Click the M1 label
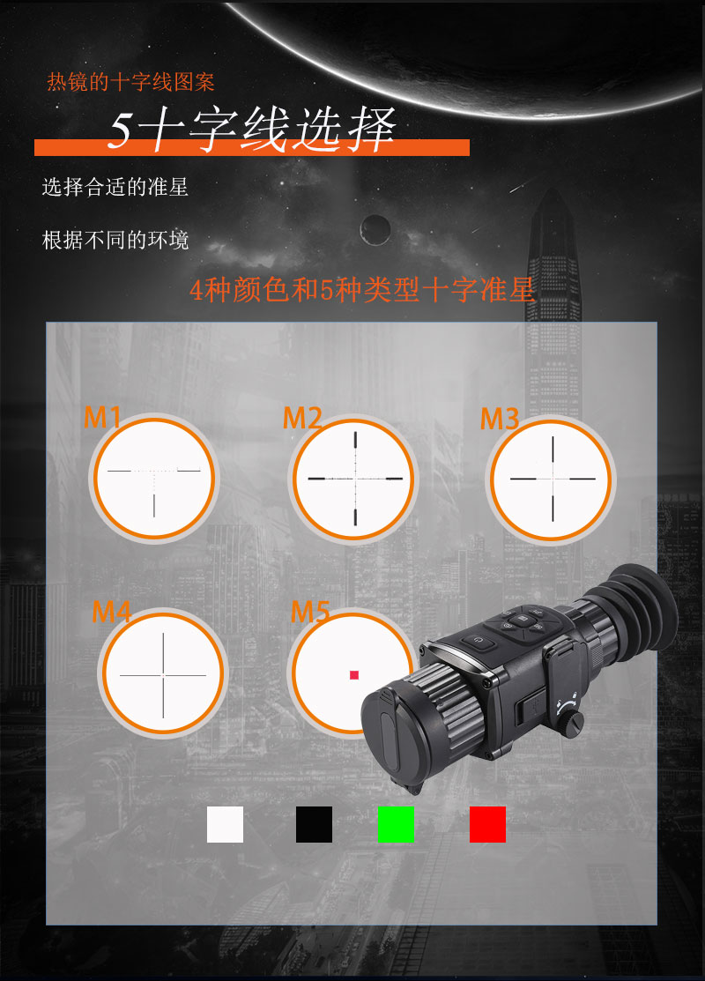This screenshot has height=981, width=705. [102, 417]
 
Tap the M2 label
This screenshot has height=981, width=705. [302, 419]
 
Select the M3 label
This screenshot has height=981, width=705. [500, 419]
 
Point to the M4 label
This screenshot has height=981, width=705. [112, 611]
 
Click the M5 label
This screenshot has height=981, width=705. [310, 611]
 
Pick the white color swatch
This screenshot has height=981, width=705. [225, 824]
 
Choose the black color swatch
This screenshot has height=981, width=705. [314, 824]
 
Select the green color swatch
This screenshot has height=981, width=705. [396, 824]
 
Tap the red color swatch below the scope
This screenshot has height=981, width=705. [487, 824]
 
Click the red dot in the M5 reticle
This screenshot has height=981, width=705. [354, 675]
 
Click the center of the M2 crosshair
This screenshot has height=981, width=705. [355, 478]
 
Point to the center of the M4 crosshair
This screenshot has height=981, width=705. [163, 674]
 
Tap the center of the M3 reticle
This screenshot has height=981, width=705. [553, 478]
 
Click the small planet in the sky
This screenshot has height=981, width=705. [375, 229]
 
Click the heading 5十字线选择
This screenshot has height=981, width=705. [251, 131]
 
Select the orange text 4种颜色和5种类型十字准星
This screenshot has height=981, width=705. [362, 290]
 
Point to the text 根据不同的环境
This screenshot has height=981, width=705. [115, 240]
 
